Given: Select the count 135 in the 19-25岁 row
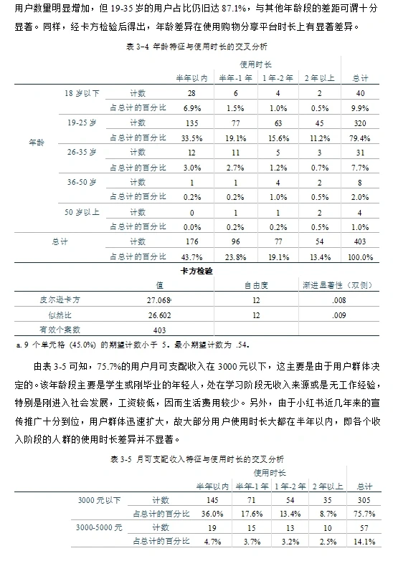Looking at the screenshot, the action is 191,123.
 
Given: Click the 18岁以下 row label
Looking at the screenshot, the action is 80,93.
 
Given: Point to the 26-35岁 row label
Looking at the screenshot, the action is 81,153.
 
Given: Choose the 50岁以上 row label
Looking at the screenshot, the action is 81,212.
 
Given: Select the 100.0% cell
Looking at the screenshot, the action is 360,256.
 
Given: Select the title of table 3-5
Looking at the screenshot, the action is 196,458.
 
